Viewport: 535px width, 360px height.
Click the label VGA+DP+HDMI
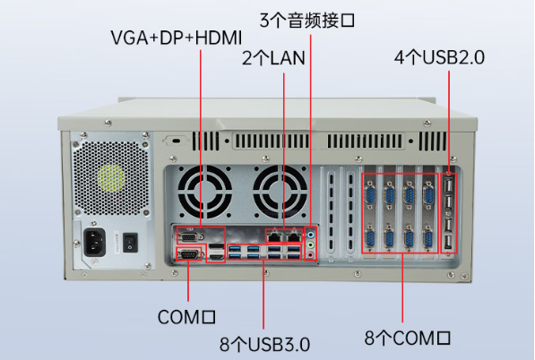177,39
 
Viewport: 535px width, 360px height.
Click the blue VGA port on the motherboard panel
189,236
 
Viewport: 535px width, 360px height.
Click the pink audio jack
311,255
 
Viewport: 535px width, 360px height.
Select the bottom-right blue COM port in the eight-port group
428,240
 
